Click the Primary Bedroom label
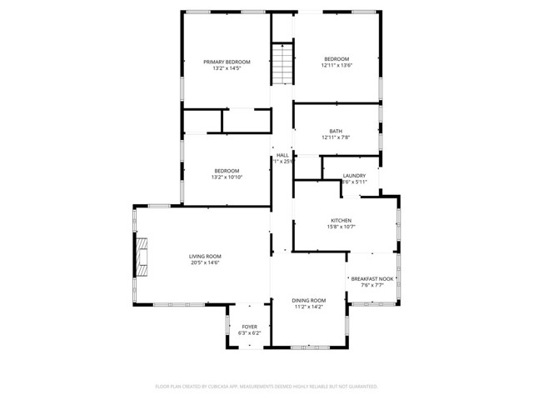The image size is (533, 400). coord(227,62)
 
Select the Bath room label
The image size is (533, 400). coord(336,131)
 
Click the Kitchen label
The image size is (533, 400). coord(342,221)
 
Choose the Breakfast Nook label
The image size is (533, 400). coord(371,278)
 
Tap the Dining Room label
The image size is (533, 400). coord(308,300)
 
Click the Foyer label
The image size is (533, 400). coord(250,327)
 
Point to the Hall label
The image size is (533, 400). coord(283,155)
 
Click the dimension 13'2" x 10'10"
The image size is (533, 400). coord(226,177)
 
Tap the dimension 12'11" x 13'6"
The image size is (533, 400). coord(336,65)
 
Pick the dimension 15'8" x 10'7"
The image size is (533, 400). coord(342,227)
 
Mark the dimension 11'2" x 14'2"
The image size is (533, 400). coord(308,307)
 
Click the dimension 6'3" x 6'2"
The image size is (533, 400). coord(250,333)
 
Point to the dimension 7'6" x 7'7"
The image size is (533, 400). coord(371,285)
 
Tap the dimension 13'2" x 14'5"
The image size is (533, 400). coord(227,68)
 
